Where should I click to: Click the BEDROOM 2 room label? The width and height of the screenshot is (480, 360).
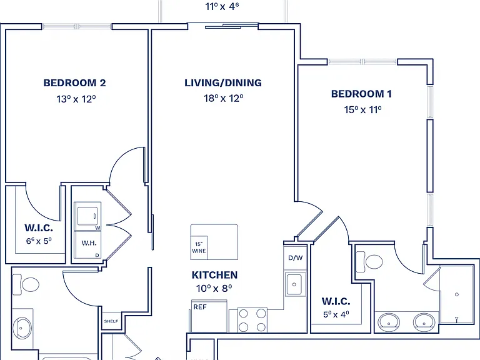[74, 83]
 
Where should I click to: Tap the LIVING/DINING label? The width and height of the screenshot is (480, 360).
[223, 83]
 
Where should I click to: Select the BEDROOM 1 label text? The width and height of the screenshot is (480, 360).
[361, 94]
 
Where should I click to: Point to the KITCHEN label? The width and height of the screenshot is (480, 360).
[214, 275]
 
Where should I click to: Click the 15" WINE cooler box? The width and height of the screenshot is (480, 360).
[199, 247]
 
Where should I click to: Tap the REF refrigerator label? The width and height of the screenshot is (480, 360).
[199, 307]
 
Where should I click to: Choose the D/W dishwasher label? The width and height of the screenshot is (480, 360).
[296, 257]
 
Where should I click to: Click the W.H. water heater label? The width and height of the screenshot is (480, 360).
[89, 243]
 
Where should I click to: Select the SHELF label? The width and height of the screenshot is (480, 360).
[111, 321]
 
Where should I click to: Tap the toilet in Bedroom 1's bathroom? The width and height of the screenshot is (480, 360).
[369, 262]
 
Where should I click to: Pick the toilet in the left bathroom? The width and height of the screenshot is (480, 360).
[26, 284]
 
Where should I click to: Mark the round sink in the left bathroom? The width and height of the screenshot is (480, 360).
[21, 328]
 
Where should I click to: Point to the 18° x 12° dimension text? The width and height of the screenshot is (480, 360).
[224, 98]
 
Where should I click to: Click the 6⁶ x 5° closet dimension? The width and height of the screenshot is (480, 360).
[39, 241]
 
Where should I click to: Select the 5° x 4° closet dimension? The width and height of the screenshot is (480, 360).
[336, 314]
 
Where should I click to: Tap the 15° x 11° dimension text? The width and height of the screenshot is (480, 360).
[362, 109]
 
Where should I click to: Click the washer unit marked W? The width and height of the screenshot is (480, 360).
[87, 216]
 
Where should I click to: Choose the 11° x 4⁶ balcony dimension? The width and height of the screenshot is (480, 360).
[222, 6]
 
